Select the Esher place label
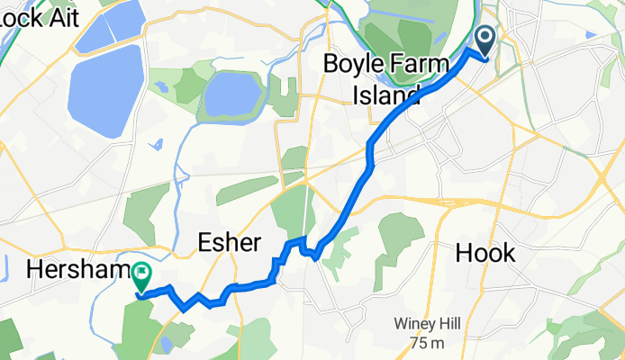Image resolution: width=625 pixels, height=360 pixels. click(x=229, y=243)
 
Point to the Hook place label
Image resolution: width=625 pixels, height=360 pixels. click(x=485, y=253)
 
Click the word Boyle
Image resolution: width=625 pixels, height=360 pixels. click(x=356, y=65)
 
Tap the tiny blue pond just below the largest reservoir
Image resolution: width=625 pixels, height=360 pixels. click(x=159, y=143)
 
